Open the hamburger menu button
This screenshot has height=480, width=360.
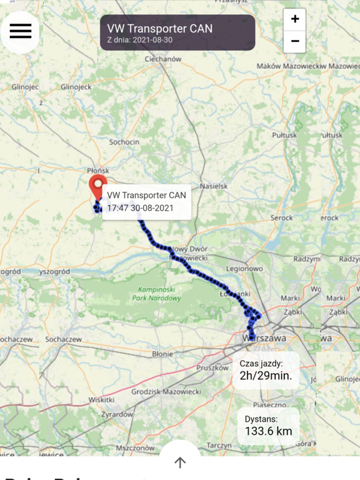coord(20,31)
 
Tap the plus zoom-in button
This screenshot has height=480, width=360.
coord(294,19)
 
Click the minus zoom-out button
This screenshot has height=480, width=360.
coord(294,42)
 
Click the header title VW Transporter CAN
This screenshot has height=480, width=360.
coord(159,28)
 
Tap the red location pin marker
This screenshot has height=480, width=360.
coord(97,186)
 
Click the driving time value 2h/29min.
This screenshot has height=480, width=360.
coord(266,376)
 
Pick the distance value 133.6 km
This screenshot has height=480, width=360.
coord(268,431)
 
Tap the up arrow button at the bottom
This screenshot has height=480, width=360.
coord(180,462)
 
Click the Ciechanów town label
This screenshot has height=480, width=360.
coord(162,59)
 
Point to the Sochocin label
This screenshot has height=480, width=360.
coord(124,142)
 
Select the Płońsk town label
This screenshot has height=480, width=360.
coord(98,170)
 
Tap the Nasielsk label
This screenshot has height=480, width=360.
coord(214,186)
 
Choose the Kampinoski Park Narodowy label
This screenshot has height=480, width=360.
coord(157,294)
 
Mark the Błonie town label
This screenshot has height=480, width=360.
coord(162,354)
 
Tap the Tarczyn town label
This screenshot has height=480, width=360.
coord(219,445)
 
